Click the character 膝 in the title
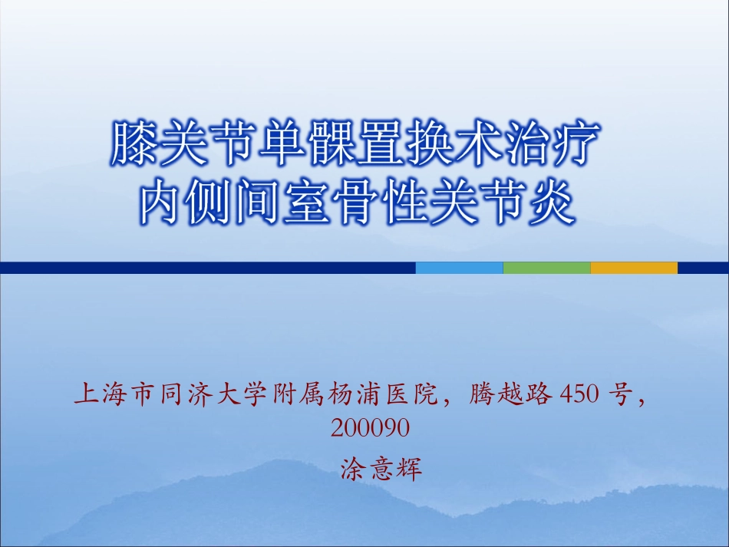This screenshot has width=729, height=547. point(136,143)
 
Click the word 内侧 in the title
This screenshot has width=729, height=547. point(185,202)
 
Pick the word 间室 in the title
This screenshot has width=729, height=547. point(282,202)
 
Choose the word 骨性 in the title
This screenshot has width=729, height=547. point(378,202)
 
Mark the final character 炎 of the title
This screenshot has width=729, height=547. point(549,202)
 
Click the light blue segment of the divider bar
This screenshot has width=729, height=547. point(459,268)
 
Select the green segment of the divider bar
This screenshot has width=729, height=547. point(546,268)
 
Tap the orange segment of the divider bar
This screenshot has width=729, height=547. point(634,268)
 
